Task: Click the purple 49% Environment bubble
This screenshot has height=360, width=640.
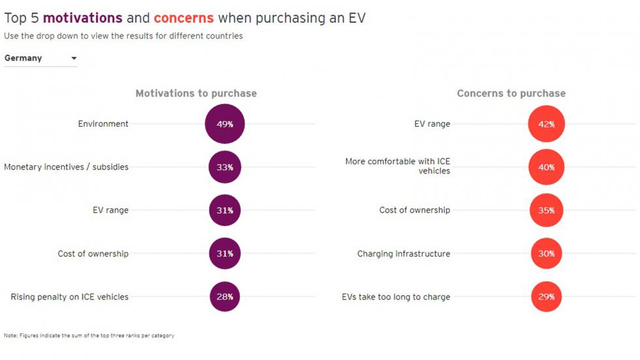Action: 225,123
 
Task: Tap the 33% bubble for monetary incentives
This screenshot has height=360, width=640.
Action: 225,167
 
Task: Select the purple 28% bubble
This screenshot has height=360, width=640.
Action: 225,297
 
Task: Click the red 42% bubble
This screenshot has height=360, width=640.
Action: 546,124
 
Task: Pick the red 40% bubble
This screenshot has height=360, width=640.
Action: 546,167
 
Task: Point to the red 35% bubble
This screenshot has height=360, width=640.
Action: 546,210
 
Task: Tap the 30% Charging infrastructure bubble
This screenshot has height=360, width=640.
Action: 546,254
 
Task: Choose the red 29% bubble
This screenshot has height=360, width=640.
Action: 546,297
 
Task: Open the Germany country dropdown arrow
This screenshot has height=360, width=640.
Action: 74,58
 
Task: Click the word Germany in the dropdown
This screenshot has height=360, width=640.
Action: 24,58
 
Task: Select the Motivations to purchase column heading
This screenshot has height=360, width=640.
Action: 196,93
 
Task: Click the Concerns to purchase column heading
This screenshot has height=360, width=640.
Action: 511,93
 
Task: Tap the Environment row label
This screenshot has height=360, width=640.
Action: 103,123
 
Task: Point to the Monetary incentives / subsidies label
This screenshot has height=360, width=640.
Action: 67,167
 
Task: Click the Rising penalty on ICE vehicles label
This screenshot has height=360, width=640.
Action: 70,297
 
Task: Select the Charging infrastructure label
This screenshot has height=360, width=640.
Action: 404,254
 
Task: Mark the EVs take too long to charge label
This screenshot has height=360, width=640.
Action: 396,297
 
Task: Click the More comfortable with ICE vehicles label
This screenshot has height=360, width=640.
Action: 398,166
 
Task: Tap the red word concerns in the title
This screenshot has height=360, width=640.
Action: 184,18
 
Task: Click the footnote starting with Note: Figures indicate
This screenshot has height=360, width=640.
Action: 89,336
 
